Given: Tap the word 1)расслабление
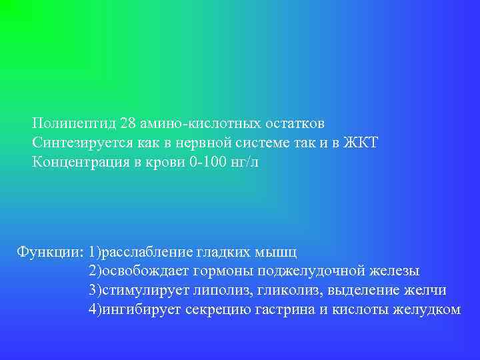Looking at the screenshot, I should [x=141, y=253].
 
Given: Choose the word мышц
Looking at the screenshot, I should [x=280, y=253].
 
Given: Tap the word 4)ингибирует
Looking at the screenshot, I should [x=135, y=310].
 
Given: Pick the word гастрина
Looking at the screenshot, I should [x=287, y=310].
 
